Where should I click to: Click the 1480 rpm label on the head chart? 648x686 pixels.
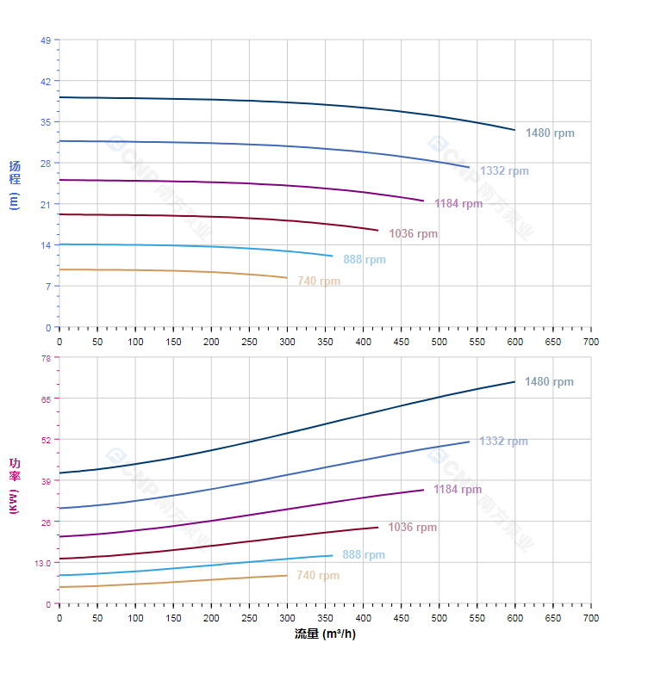pyautogui.click(x=549, y=133)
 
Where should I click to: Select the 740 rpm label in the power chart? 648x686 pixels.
pyautogui.click(x=318, y=576)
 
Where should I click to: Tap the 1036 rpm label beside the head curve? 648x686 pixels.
pyautogui.click(x=413, y=234)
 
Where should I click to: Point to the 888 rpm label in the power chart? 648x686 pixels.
pyautogui.click(x=364, y=555)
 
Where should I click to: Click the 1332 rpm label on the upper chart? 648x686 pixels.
pyautogui.click(x=504, y=171)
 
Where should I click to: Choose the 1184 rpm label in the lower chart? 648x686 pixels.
pyautogui.click(x=458, y=490)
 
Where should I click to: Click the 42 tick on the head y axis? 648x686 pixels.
pyautogui.click(x=46, y=81)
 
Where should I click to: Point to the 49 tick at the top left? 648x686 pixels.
pyautogui.click(x=46, y=40)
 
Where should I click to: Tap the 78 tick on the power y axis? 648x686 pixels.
pyautogui.click(x=46, y=358)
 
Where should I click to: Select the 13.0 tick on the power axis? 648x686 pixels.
pyautogui.click(x=42, y=563)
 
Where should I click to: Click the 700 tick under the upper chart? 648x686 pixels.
pyautogui.click(x=591, y=342)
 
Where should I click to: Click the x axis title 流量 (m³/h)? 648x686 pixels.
pyautogui.click(x=325, y=634)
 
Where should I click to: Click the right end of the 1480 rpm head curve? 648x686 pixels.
pyautogui.click(x=514, y=130)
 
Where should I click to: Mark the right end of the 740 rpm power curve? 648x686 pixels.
pyautogui.click(x=286, y=576)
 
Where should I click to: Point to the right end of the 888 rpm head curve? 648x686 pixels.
pyautogui.click(x=332, y=256)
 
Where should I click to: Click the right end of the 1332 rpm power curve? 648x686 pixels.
pyautogui.click(x=469, y=442)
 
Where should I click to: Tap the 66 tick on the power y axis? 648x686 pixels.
pyautogui.click(x=46, y=399)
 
